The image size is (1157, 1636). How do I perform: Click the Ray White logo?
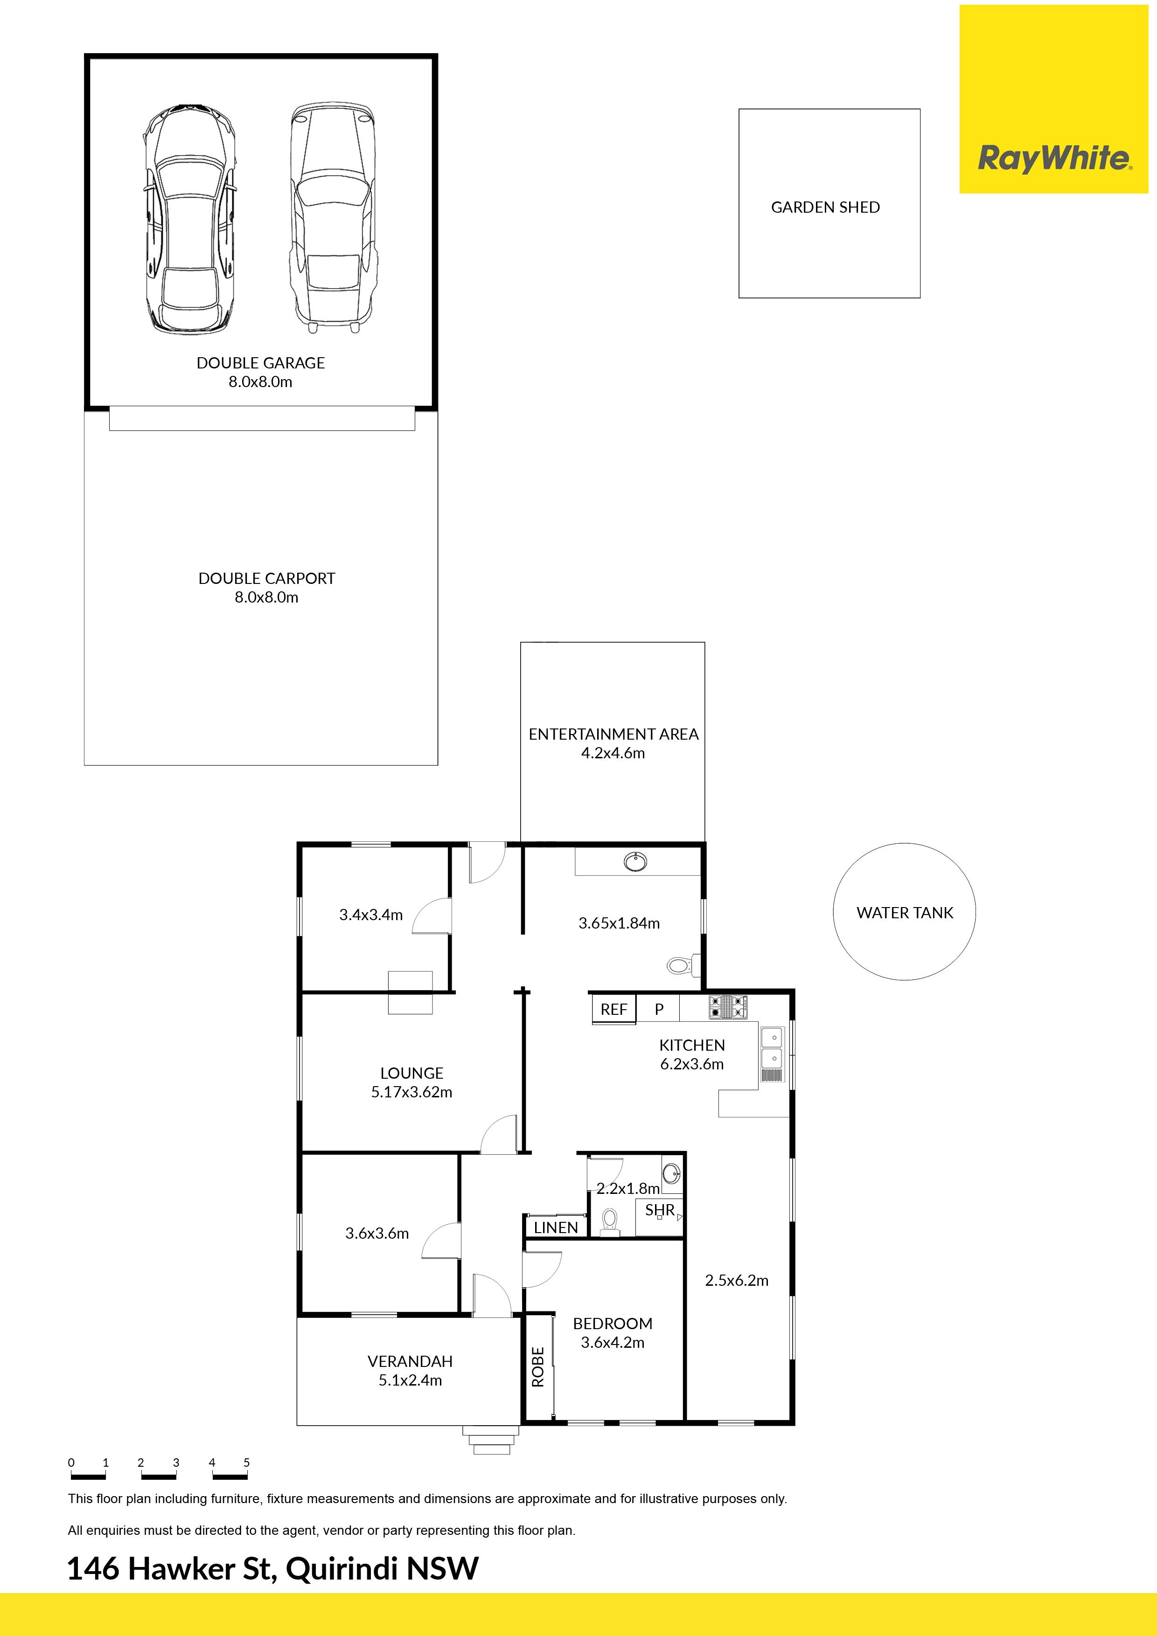coord(1053,158)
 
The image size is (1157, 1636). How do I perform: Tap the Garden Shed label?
coord(825,208)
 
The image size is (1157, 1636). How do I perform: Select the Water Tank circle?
coord(904,843)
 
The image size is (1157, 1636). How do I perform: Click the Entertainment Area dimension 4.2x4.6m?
coord(613,753)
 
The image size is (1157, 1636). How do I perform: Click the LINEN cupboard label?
coord(556,1228)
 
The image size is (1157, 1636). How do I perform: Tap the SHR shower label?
coord(659,1210)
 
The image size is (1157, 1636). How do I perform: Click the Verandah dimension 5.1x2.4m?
coord(410,1380)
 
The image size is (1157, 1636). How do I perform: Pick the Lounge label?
coord(411,1073)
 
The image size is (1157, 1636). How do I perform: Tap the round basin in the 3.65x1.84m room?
coord(635,862)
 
